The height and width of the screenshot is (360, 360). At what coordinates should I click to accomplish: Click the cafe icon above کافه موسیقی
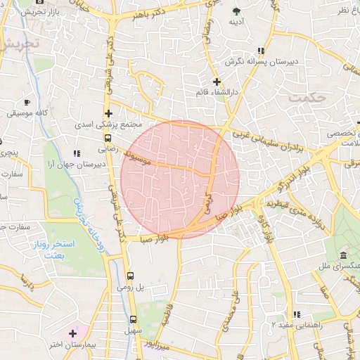tap(27, 103)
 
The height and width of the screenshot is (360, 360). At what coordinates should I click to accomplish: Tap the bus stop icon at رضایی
tap(108, 139)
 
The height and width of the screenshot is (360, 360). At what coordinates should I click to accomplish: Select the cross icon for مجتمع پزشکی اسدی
tap(108, 113)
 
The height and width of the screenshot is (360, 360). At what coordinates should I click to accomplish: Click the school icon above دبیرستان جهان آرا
tap(75, 153)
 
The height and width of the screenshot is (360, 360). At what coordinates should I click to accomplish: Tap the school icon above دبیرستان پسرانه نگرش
tap(262, 51)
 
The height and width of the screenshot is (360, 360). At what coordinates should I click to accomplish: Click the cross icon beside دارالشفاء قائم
tap(217, 82)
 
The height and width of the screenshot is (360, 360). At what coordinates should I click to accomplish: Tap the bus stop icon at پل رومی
tap(130, 276)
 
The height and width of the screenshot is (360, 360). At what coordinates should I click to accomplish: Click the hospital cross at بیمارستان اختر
tap(73, 332)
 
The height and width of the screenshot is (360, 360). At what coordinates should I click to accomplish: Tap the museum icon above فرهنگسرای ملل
tap(343, 255)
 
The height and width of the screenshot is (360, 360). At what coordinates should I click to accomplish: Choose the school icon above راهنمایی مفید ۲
tap(297, 314)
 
